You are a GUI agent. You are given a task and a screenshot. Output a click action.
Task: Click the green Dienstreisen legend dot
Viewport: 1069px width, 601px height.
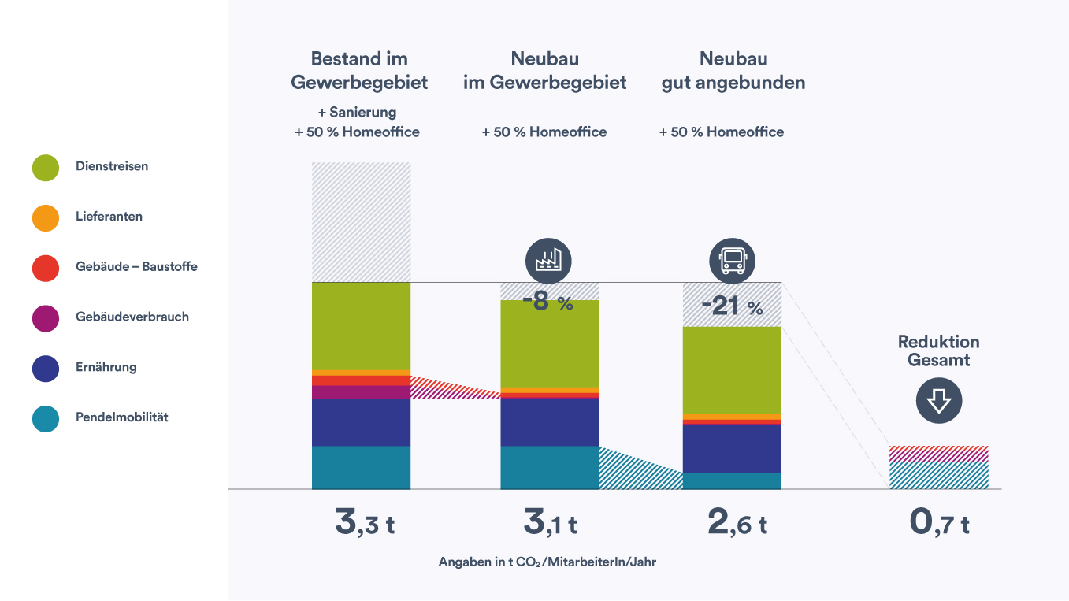point(46,168)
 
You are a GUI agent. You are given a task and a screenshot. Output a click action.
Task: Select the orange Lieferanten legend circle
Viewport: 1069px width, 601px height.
point(46,218)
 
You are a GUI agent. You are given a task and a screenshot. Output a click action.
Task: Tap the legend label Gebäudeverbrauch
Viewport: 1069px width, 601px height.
point(132,317)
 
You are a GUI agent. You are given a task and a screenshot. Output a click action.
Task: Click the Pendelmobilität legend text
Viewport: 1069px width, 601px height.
point(121,417)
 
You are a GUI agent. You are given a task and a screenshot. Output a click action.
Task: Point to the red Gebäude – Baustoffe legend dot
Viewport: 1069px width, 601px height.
point(46,269)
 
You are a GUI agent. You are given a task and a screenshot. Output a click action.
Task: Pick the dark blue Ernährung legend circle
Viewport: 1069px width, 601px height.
point(46,369)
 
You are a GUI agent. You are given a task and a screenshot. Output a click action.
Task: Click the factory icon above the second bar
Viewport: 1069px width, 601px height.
point(548,262)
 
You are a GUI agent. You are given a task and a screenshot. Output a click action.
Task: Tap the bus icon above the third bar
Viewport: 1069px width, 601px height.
point(732,262)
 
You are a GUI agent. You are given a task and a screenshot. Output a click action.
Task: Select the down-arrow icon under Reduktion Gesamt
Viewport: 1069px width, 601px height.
point(939,400)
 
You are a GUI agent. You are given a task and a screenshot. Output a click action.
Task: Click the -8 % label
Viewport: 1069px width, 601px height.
point(547,302)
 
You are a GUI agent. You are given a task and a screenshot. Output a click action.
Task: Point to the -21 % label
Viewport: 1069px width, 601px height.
point(732,306)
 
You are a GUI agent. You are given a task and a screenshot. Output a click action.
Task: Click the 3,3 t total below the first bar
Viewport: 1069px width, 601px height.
point(365,521)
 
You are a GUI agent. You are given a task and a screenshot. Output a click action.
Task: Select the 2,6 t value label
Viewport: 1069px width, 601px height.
point(737,521)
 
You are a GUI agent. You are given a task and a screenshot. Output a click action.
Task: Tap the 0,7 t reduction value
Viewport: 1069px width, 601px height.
point(939,521)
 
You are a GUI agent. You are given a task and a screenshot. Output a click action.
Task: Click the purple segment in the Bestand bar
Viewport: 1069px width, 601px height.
point(362,392)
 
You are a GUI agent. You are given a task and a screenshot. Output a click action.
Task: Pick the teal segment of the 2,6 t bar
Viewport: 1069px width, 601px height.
point(732,480)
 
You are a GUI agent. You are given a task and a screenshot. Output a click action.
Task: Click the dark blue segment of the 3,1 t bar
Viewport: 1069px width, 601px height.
point(550,422)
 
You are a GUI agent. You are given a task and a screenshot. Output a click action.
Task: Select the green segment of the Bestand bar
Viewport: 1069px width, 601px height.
point(362,326)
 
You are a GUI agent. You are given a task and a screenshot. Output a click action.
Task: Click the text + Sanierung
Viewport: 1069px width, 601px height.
point(357,112)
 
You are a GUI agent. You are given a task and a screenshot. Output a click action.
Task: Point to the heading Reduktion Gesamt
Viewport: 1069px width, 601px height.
point(939,351)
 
